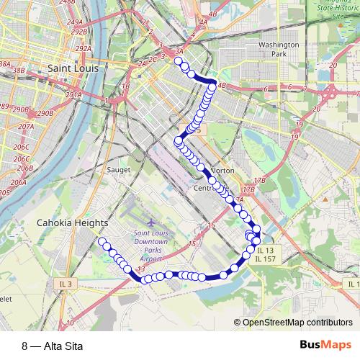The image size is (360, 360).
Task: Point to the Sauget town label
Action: point(117,170)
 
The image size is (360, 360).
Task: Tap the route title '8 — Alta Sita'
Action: point(53,346)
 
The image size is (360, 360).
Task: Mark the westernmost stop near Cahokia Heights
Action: point(102,241)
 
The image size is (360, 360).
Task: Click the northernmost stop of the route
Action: point(178,61)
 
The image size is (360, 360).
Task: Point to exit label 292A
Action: point(84,49)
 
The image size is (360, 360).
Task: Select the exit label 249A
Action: point(75,22)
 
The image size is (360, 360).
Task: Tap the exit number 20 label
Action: point(333,65)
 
